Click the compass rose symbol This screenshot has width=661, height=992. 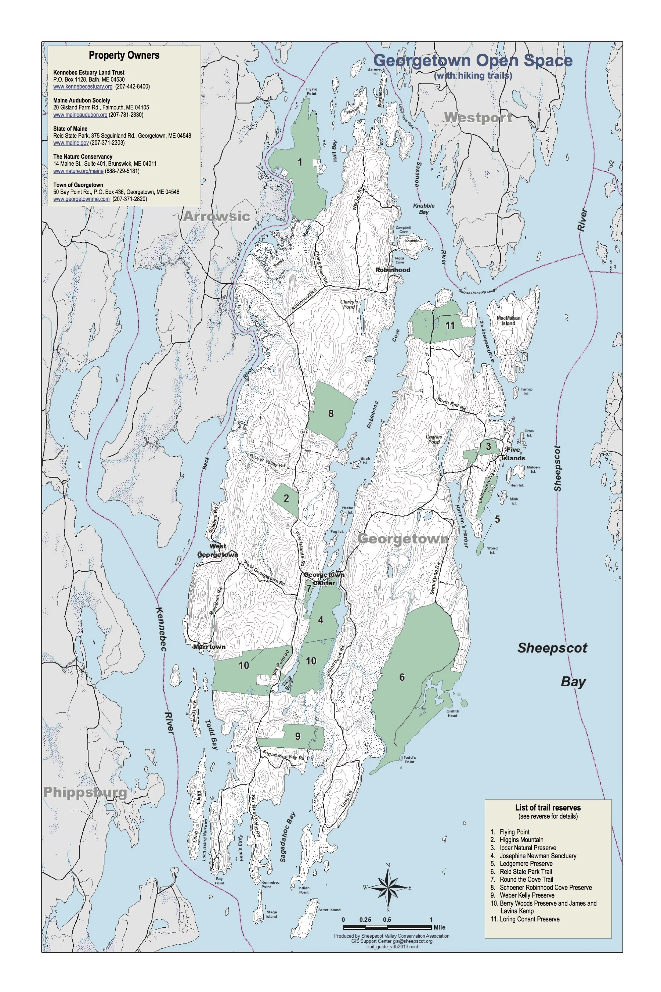pyautogui.click(x=388, y=887)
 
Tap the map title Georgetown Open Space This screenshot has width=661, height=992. pyautogui.click(x=473, y=60)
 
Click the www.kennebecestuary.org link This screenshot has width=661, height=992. pyautogui.click(x=83, y=86)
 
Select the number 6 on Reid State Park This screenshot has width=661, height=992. pyautogui.click(x=402, y=677)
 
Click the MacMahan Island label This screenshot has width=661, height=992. pyautogui.click(x=508, y=320)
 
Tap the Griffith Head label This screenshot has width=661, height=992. pyautogui.click(x=453, y=713)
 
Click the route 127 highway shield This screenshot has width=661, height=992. pyautogui.click(x=304, y=432)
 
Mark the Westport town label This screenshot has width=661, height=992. pyautogui.click(x=478, y=117)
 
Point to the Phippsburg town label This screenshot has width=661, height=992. pyautogui.click(x=85, y=792)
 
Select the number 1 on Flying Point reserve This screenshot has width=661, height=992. pyautogui.click(x=300, y=162)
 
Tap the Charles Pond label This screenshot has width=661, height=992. pyautogui.click(x=434, y=439)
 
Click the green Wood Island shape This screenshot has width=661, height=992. pyautogui.click(x=480, y=549)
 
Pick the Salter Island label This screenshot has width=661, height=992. pyautogui.click(x=329, y=910)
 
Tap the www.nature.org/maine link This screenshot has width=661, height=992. pyautogui.click(x=78, y=171)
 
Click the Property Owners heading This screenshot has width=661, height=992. pyautogui.click(x=124, y=55)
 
